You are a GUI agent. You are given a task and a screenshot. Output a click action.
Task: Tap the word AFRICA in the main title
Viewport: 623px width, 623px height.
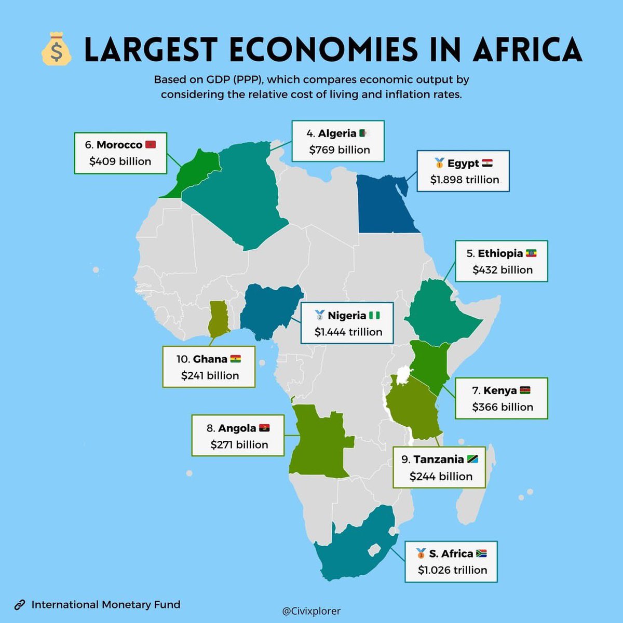(x=527, y=50)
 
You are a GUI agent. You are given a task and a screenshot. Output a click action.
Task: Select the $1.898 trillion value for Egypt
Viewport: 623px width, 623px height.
(x=465, y=180)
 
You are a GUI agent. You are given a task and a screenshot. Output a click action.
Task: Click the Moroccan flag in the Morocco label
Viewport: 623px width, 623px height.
(x=151, y=144)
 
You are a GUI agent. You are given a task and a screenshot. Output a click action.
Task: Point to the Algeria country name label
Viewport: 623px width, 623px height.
(x=337, y=133)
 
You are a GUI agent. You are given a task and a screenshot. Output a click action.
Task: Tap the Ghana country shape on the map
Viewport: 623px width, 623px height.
(x=219, y=319)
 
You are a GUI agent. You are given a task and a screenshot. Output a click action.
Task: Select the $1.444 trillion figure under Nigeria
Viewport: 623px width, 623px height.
(x=348, y=332)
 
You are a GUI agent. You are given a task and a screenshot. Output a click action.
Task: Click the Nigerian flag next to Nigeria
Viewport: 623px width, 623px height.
(x=374, y=315)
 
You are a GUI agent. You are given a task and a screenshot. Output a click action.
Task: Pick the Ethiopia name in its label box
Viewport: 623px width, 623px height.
(x=500, y=253)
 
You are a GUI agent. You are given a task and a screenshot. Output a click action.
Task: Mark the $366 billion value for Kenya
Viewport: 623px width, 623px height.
(x=502, y=407)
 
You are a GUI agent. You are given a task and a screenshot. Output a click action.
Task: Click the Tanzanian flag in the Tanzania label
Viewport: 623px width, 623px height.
(x=472, y=459)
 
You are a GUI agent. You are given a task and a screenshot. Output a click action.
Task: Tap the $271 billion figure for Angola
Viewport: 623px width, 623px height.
(x=239, y=444)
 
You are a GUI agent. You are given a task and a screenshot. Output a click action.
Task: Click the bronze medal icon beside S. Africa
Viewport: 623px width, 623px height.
(x=421, y=553)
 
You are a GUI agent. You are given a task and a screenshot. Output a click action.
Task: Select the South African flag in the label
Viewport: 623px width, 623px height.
(x=481, y=553)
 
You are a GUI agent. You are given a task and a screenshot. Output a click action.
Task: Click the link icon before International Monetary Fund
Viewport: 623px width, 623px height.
(x=20, y=605)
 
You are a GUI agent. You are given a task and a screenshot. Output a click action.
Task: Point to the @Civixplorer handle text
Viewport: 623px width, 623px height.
(x=311, y=612)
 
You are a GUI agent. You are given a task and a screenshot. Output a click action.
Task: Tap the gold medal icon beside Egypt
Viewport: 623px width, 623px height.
(x=439, y=163)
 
